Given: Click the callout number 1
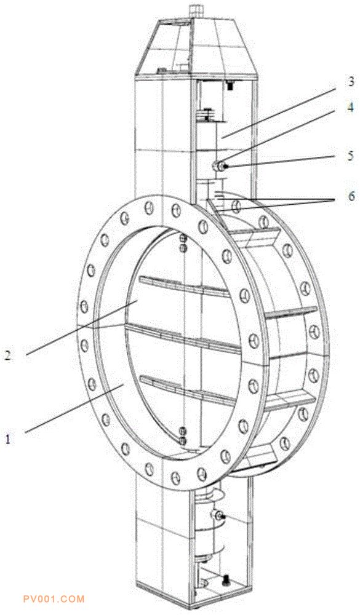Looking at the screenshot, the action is [x=8, y=438].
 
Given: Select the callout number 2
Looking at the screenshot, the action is [x=8, y=355].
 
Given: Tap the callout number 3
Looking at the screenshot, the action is [x=351, y=81].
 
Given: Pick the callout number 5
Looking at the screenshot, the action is [x=351, y=156].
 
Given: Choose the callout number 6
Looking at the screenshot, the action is [x=351, y=195].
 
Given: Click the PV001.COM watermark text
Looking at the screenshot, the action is [x=54, y=599].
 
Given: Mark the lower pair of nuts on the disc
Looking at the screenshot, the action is [x=182, y=436].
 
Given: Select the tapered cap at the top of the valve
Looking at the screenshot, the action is [x=196, y=47].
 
